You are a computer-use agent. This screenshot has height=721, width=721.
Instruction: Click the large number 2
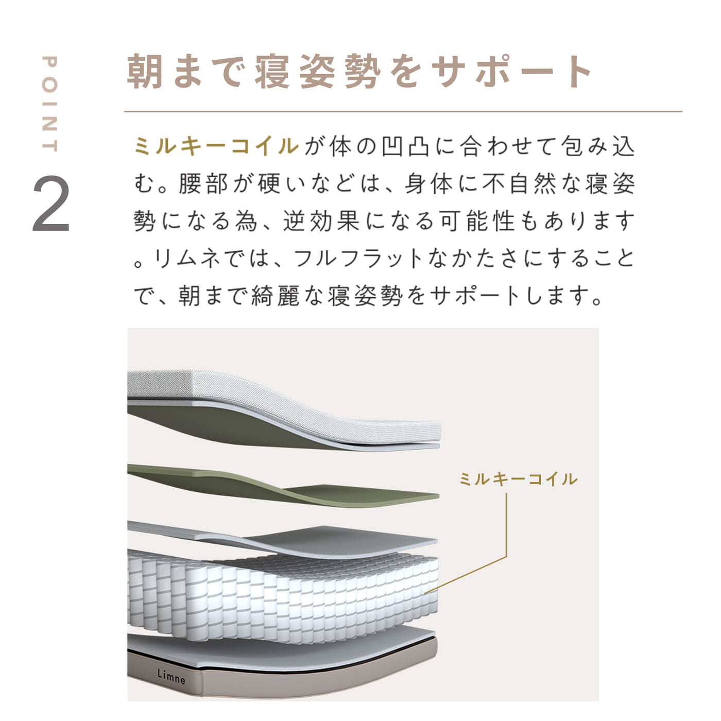51,203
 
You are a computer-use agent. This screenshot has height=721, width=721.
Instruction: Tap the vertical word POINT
49,104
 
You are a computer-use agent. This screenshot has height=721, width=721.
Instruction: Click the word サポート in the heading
511,71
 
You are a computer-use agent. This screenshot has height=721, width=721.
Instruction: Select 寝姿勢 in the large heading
318,71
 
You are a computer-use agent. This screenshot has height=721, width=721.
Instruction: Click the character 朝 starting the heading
145,71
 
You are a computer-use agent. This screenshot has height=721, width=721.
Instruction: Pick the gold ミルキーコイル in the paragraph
216,146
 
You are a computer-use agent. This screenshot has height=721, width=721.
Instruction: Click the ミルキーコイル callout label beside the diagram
518,479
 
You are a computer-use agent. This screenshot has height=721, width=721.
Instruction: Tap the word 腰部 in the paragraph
203,183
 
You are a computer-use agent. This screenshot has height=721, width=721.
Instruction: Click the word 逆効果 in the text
321,221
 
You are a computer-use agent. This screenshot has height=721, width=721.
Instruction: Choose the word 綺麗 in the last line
276,296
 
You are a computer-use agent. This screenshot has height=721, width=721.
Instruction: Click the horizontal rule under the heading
403,112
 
